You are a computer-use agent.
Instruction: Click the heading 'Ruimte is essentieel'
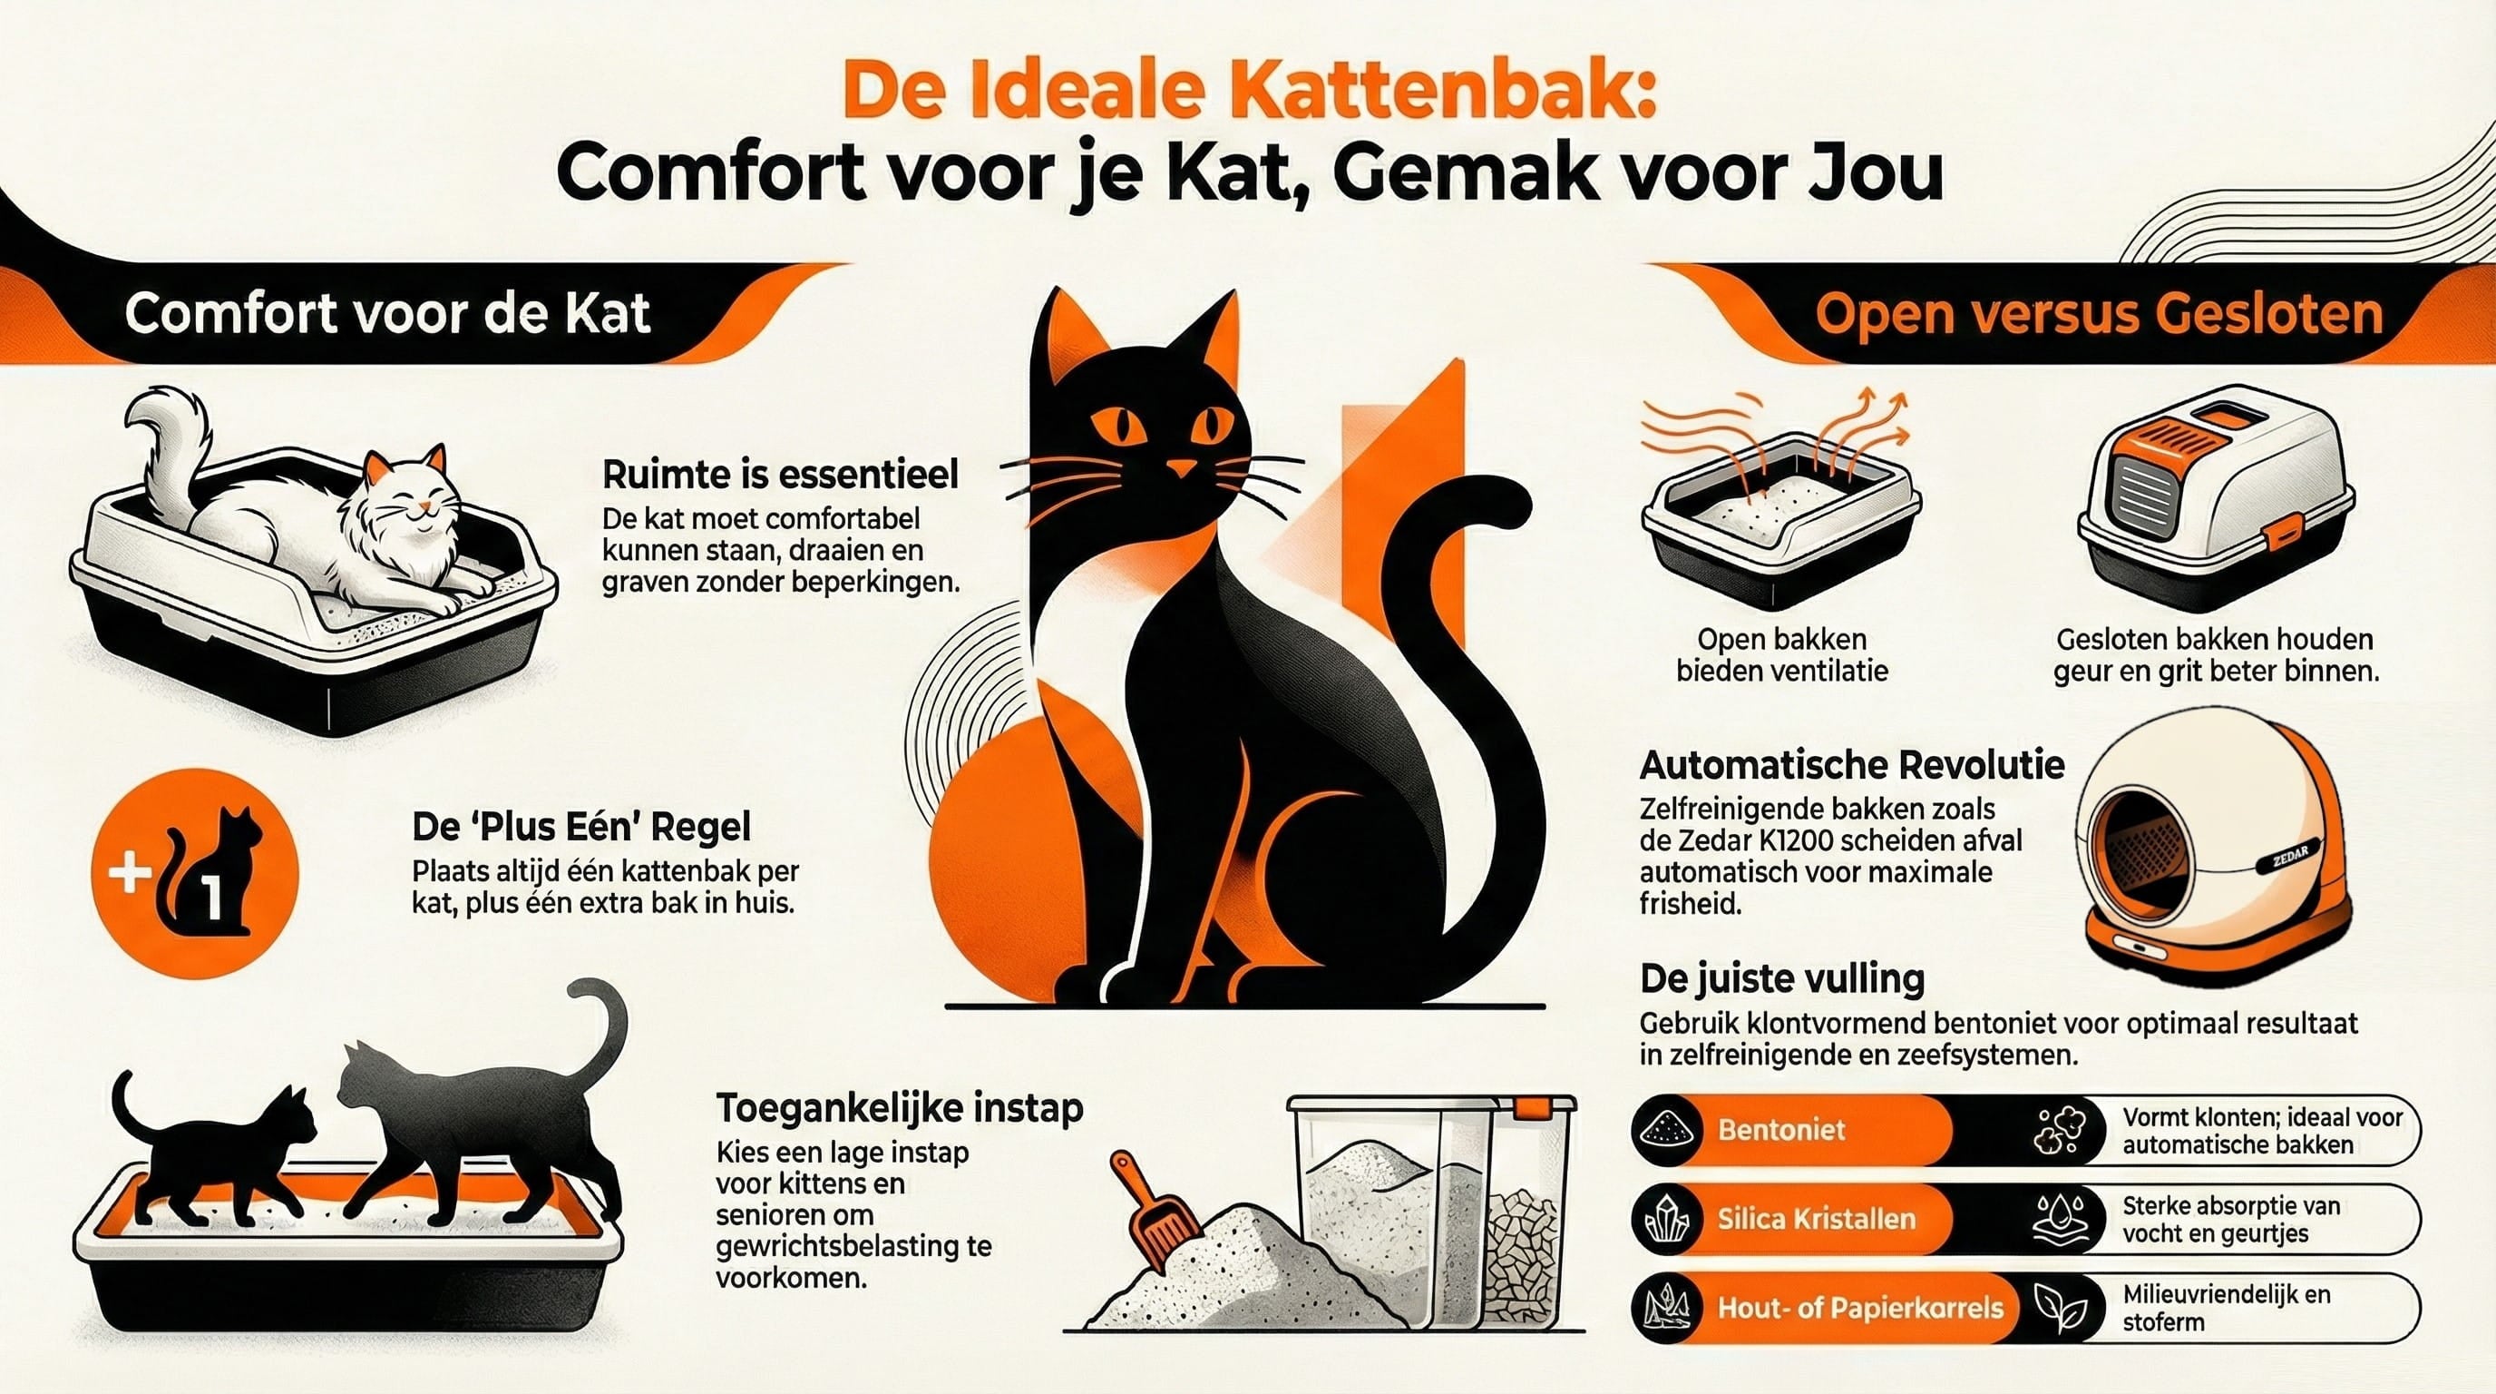tap(780, 474)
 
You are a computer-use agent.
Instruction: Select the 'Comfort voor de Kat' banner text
tap(386, 314)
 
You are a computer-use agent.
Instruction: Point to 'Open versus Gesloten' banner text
tap(2099, 314)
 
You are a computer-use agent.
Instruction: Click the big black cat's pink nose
tap(1180, 469)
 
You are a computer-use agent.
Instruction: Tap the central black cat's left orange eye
tap(1117, 424)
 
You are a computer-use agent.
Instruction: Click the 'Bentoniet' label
tap(1781, 1129)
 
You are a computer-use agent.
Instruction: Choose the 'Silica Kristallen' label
tap(1817, 1219)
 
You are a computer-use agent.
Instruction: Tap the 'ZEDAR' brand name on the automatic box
tap(2291, 857)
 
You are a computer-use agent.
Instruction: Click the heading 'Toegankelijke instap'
tap(900, 1107)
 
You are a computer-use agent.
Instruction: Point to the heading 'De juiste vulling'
tap(1782, 978)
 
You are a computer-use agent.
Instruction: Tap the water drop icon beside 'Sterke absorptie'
tap(2059, 1219)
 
